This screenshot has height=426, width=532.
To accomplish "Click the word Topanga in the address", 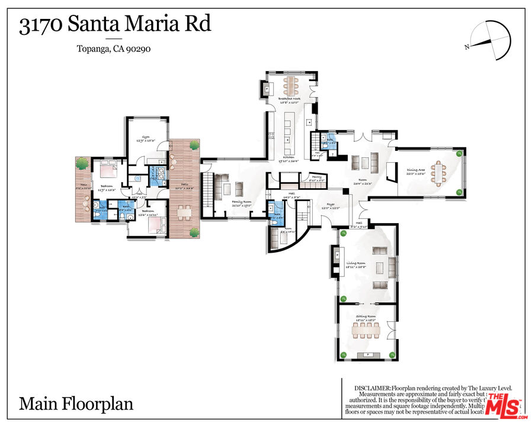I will pyautogui.click(x=92, y=49).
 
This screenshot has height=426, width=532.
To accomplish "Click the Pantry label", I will pyautogui.click(x=317, y=177).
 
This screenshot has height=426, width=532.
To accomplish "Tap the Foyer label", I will pyautogui.click(x=328, y=205).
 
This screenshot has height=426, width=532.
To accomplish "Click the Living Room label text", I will pyautogui.click(x=357, y=263).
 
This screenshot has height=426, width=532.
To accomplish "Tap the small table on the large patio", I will pyautogui.click(x=184, y=211).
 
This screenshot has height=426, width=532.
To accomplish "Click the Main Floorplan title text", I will pyautogui.click(x=76, y=404).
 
